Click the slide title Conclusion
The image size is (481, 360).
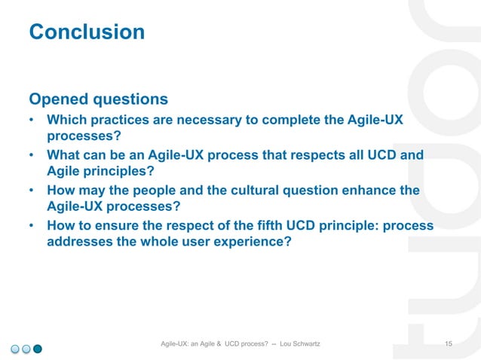coord(86,32)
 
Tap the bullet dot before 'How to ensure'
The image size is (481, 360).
coord(32,226)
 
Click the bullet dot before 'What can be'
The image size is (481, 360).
coord(32,156)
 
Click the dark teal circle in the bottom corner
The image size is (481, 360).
coord(38,348)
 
